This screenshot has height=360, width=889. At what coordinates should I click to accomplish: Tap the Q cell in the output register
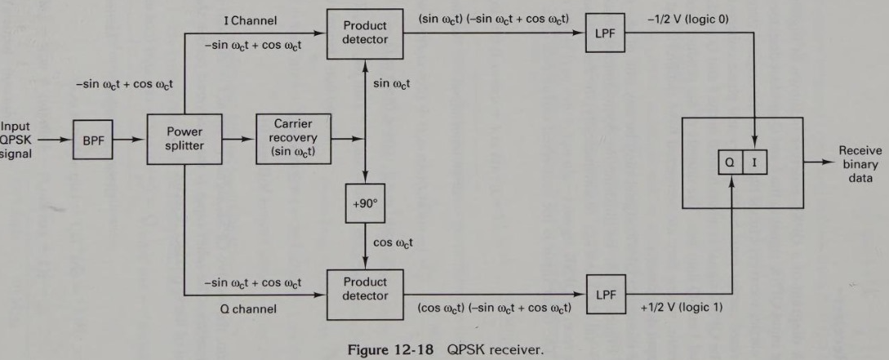pyautogui.click(x=731, y=162)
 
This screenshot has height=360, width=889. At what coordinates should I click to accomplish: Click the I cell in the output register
pyautogui.click(x=754, y=162)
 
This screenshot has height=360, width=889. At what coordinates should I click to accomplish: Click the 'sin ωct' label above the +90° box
pyautogui.click(x=392, y=83)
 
